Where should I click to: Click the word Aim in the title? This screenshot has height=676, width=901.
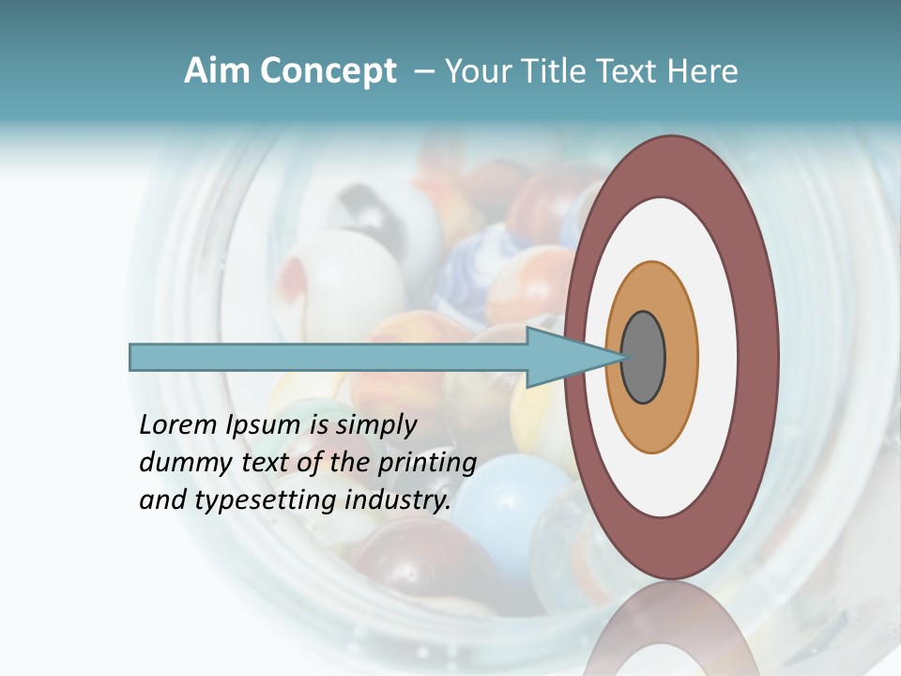point(217,71)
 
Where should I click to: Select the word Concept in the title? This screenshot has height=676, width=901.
point(328,71)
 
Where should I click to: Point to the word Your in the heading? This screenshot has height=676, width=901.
point(476,71)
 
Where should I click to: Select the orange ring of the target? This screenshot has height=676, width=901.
point(681,358)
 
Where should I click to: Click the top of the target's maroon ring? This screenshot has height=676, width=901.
point(671,165)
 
